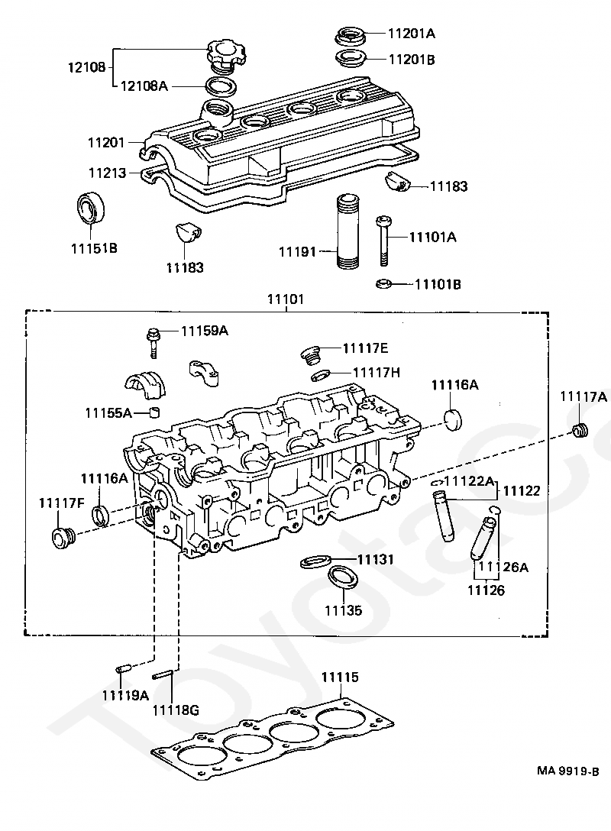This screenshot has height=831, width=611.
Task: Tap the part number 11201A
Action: click(411, 34)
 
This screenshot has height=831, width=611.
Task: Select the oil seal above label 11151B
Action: click(92, 208)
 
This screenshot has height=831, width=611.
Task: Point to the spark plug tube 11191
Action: click(347, 231)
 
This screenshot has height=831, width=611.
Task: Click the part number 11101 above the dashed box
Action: click(286, 299)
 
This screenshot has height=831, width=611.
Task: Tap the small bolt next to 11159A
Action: click(154, 343)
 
